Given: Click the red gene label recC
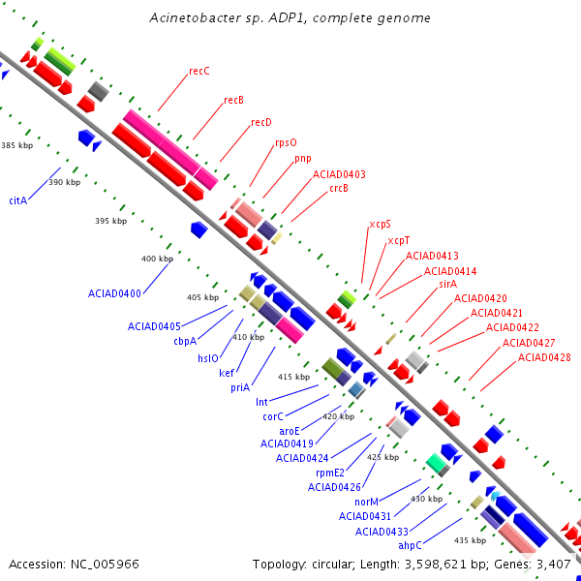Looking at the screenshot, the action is point(199,71).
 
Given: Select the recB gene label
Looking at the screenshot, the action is point(233,100).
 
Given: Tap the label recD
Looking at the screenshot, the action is point(261,122).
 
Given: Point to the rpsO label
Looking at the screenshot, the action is point(286,143).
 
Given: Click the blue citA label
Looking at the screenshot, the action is point(18,200).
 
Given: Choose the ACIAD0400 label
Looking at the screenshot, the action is point(114,293).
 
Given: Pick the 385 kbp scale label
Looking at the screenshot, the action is point(17,145).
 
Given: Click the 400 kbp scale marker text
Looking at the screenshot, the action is point(157,259).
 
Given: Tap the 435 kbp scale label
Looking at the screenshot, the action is point(470,540).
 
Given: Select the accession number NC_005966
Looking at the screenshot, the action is point(105,565).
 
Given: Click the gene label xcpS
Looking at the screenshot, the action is point(380,225).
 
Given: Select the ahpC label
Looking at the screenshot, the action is point(410,545).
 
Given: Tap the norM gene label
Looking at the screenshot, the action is point(366,502).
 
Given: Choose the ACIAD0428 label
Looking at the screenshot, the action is point(544,357).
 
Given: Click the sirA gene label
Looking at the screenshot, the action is point(448,284).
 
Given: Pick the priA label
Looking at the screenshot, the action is point(240,387).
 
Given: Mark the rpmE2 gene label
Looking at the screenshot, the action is point(330,473).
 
